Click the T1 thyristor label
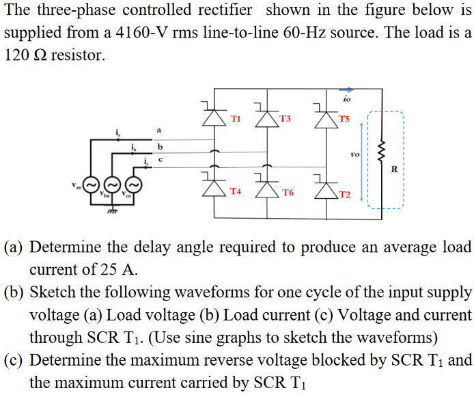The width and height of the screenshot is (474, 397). coord(236,118)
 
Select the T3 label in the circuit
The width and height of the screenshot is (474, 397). coord(285,118)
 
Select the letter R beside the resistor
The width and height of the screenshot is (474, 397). coord(394,168)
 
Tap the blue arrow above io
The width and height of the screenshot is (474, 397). coord(347,88)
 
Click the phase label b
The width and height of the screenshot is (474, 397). coord(160,146)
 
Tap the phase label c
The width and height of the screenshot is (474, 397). coord(161,160)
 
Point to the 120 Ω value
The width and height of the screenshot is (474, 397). coord(25,55)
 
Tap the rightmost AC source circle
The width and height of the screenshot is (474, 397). coord(134,184)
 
